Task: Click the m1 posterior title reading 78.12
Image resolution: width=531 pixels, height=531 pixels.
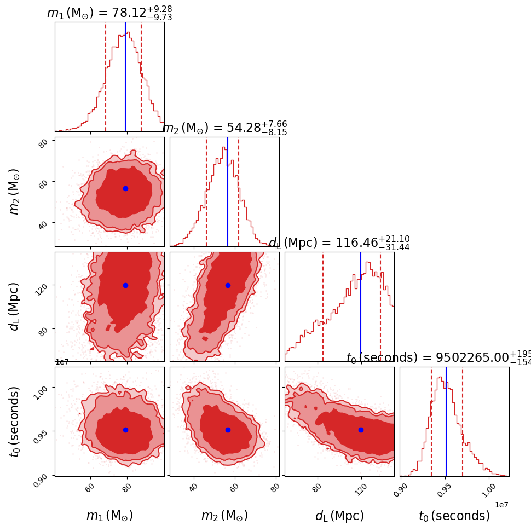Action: [109, 13]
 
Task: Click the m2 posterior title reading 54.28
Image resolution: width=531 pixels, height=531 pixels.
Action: [224, 128]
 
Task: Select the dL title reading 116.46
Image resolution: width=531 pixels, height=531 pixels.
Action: [339, 243]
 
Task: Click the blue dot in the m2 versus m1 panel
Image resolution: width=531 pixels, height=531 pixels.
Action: [125, 188]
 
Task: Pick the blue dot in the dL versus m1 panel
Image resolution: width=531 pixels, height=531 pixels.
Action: [125, 285]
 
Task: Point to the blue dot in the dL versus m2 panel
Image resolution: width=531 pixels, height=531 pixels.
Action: [228, 285]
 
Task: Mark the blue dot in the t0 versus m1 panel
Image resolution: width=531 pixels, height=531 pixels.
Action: [125, 430]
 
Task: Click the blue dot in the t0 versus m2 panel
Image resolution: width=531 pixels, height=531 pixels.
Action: [228, 430]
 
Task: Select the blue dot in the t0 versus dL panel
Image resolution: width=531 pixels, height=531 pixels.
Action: [361, 430]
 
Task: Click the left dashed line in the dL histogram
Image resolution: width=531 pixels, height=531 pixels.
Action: [323, 307]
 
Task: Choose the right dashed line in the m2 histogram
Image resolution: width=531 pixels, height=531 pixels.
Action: [239, 192]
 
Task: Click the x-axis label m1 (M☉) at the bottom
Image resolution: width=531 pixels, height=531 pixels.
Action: [109, 516]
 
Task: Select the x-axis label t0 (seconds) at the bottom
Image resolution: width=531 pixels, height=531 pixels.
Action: [454, 516]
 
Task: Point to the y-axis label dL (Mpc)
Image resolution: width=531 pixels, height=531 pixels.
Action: [15, 307]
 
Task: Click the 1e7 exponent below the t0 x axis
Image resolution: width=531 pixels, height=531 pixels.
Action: [501, 504]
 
